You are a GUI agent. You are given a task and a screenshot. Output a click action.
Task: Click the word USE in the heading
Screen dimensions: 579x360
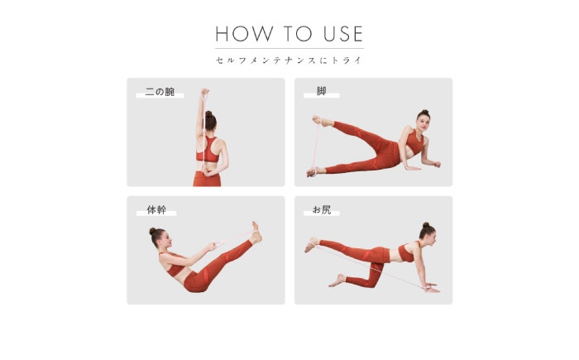343,34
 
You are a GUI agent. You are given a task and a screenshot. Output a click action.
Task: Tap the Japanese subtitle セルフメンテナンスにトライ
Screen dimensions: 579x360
289,60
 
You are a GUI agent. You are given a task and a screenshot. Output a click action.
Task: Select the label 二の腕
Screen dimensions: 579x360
160,92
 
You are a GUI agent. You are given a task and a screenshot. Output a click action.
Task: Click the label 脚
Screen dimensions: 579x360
321,91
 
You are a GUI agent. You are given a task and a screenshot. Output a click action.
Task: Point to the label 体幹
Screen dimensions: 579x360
156,210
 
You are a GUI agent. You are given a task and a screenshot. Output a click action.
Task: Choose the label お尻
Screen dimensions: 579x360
322,210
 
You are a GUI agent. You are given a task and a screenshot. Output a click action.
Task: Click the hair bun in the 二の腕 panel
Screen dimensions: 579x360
208,114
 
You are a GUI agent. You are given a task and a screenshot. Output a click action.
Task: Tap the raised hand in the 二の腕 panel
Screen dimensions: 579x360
205,92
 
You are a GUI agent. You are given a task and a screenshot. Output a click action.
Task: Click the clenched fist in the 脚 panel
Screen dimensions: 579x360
437,164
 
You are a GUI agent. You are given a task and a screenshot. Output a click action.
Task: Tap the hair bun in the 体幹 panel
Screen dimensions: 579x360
152,231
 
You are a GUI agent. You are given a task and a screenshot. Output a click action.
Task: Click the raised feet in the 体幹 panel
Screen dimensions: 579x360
256,233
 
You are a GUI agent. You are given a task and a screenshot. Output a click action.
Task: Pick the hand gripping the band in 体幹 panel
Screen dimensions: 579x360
212,246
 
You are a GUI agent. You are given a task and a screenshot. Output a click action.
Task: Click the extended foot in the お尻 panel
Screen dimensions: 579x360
312,245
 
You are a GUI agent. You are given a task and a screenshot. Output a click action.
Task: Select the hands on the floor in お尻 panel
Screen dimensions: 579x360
431,287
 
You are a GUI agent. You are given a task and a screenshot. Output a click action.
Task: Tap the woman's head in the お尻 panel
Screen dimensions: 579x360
428,233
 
